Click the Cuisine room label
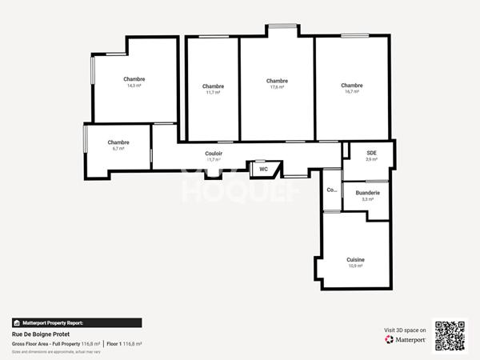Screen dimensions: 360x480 (355, 259)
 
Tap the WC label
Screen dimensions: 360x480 (262, 169)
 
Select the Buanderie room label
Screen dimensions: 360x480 (368, 193)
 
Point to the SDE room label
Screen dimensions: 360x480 (371, 152)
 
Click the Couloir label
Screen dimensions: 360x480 (214, 153)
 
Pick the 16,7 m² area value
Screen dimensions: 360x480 (351, 92)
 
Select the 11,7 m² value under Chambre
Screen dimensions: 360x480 (213, 93)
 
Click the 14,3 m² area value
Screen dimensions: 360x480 (134, 86)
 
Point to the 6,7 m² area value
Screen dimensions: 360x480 (118, 149)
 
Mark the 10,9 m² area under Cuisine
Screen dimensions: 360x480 (355, 266)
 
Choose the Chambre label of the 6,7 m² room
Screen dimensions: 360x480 (118, 142)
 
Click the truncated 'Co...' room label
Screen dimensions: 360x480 (331, 190)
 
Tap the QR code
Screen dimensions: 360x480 (450, 335)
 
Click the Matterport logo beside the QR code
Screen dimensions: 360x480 (407, 339)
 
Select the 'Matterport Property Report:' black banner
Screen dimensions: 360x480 (77, 322)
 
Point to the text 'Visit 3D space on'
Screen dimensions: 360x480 (405, 329)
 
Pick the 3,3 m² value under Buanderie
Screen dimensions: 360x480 (368, 199)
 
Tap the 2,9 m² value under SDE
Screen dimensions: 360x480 (371, 159)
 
